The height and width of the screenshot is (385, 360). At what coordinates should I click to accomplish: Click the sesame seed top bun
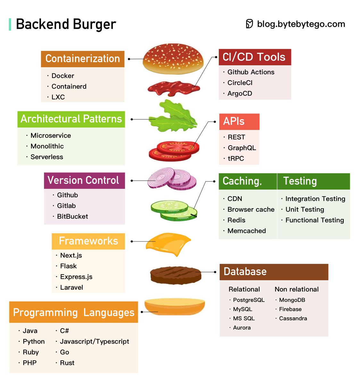tap(173, 59)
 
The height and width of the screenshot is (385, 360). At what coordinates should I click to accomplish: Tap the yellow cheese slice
tap(167, 244)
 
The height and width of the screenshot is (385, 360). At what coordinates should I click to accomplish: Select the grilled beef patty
tap(176, 275)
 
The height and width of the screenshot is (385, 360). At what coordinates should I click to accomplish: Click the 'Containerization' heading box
tap(82, 59)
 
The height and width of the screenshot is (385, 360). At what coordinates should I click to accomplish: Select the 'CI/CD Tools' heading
tap(255, 57)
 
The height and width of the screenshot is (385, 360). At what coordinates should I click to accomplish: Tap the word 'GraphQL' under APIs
tap(242, 148)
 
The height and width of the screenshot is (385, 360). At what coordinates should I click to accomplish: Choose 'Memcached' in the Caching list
tap(247, 231)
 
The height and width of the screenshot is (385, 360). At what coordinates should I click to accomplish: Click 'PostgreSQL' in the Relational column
tap(249, 300)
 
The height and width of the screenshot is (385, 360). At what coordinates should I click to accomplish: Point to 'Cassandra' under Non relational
tap(293, 318)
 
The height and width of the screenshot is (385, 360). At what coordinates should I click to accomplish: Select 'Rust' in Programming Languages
tap(67, 363)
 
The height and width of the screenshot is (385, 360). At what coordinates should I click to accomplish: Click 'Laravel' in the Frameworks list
tap(71, 287)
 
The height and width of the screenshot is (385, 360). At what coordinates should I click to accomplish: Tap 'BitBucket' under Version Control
tap(72, 217)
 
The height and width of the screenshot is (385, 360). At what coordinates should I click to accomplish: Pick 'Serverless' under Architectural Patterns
tap(47, 157)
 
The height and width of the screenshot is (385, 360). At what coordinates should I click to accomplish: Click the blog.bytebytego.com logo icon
tap(249, 24)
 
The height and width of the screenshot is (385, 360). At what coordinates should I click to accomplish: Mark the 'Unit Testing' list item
tap(305, 210)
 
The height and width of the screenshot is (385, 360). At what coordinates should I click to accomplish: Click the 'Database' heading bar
tap(273, 272)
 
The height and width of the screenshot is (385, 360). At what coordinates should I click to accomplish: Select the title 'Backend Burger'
tap(66, 24)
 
